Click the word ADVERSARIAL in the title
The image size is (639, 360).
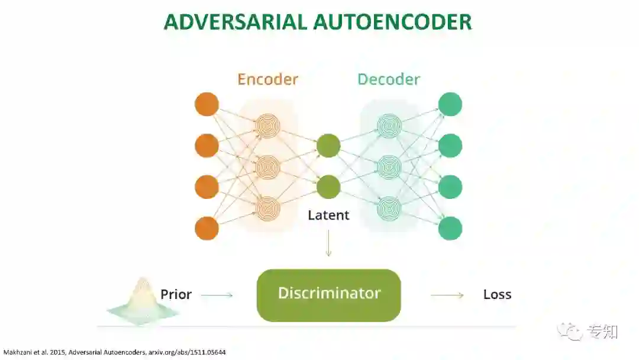click(234, 22)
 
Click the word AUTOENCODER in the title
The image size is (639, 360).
click(392, 22)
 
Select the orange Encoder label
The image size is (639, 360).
click(267, 79)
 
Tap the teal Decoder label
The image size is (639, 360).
click(388, 79)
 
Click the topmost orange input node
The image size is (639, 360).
click(206, 104)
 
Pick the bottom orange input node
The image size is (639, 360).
click(206, 229)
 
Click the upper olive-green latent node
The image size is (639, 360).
click(328, 146)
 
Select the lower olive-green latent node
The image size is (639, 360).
click(328, 187)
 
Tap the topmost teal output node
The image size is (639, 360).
click(450, 104)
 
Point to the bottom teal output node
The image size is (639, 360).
click(450, 229)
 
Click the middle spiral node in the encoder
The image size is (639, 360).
click(267, 166)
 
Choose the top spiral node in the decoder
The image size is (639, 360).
click(389, 126)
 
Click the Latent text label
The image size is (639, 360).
click(328, 215)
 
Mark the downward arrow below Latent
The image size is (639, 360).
click(328, 244)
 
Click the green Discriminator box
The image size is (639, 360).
click(328, 295)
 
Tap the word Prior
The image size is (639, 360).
click(176, 294)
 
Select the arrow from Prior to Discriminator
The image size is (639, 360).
click(217, 295)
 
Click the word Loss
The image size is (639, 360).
click(497, 294)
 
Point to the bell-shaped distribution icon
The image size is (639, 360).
click(141, 302)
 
